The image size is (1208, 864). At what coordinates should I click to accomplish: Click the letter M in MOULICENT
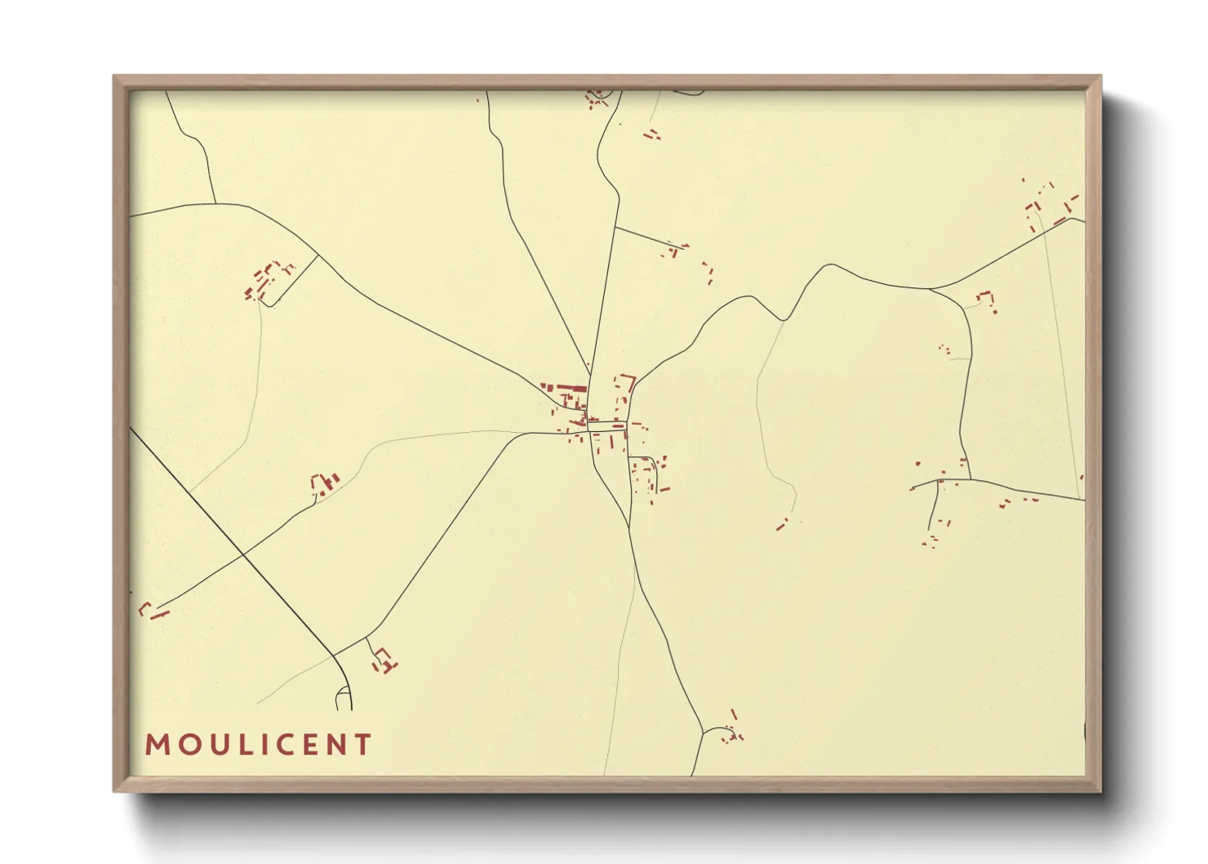(156, 745)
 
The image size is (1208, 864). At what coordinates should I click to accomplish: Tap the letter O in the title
(185, 745)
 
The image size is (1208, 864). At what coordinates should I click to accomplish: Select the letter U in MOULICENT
(214, 745)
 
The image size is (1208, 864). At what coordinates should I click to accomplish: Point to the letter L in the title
(239, 745)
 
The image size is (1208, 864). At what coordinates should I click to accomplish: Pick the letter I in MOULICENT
(259, 745)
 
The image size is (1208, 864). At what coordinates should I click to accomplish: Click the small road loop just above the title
(344, 699)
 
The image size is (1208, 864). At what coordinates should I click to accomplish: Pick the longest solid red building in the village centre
(572, 388)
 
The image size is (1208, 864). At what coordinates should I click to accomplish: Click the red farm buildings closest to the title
(384, 660)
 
